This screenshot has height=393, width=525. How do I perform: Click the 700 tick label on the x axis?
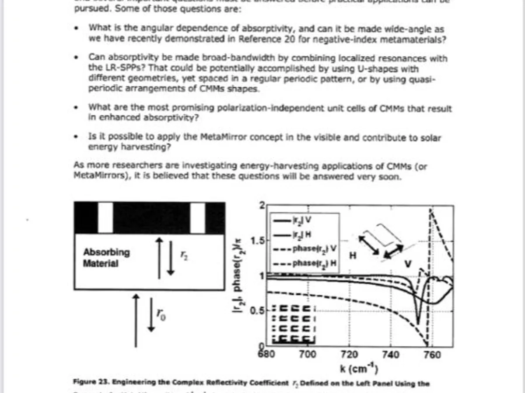308,355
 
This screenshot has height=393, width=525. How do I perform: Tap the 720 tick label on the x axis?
349,355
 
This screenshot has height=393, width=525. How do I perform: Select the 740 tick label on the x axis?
391,355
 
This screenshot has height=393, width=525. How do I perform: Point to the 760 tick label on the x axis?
432,355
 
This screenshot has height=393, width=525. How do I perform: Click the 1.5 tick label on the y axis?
257,241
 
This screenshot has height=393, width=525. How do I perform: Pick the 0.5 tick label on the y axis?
257,311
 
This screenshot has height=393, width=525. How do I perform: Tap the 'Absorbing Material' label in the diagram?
106,258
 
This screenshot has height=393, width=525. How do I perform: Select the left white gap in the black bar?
105,217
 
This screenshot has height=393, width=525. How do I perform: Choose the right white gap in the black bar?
198,217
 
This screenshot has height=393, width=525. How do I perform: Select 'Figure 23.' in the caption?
90,383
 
